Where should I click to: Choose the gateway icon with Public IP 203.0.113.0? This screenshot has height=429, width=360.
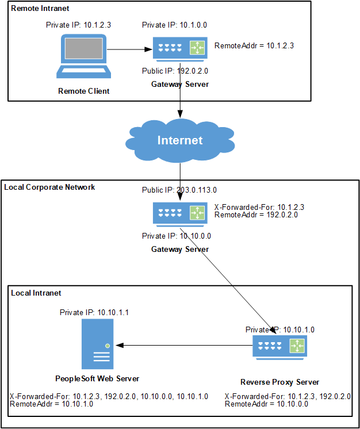click(180, 213)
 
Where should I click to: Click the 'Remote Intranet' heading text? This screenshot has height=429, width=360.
click(36, 9)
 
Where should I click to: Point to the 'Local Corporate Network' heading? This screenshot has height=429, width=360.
click(49, 187)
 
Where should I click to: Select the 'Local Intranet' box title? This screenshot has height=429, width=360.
click(36, 293)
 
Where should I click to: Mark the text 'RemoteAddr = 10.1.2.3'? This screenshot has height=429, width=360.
click(254, 45)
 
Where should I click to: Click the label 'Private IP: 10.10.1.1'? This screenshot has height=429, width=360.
click(94, 312)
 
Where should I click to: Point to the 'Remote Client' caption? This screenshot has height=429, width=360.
click(83, 91)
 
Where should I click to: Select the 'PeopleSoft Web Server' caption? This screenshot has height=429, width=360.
click(97, 378)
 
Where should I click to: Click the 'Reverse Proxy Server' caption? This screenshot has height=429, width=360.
click(279, 382)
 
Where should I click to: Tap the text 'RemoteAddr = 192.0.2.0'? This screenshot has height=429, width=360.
click(255, 215)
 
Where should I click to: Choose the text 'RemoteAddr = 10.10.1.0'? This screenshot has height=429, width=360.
click(51, 404)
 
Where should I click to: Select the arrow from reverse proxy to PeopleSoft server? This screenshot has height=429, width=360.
click(184, 345)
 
